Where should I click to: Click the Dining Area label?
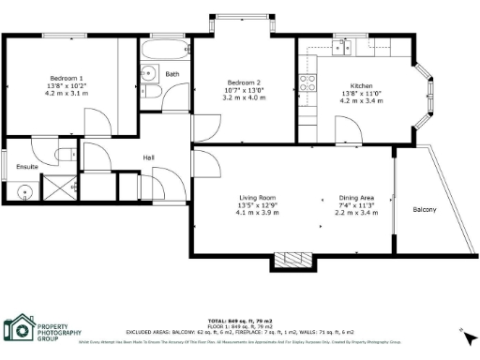click(356, 197)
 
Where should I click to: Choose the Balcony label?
click(425, 209)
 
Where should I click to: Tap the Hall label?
click(148, 157)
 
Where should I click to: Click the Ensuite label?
click(26, 166)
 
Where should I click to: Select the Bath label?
click(172, 74)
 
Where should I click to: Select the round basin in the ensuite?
click(24, 193)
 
